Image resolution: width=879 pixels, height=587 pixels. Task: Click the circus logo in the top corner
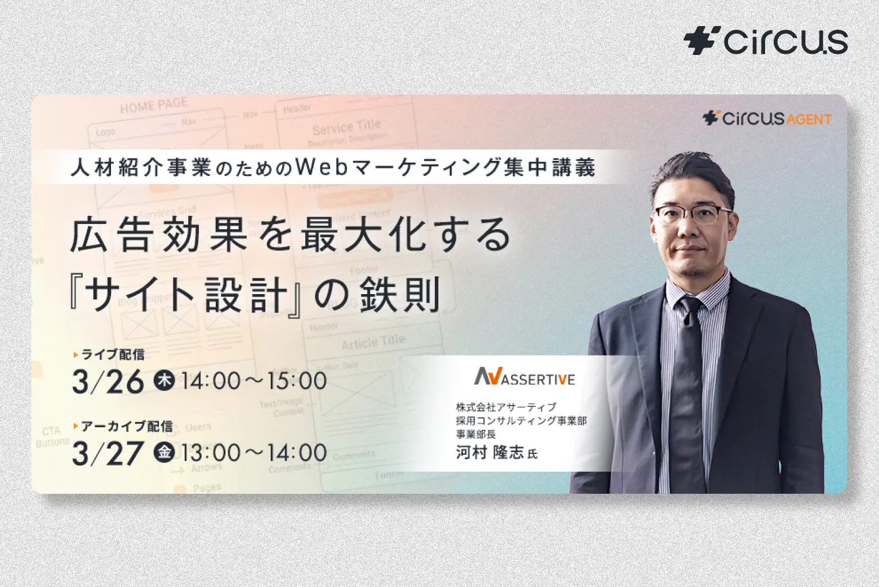coord(766,41)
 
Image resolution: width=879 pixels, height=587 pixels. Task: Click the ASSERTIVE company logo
coord(525,377)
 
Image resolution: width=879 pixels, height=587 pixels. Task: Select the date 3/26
coord(108,382)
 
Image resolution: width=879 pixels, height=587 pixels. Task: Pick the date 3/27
coord(108,453)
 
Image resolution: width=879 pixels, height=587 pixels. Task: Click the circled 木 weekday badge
coord(164,380)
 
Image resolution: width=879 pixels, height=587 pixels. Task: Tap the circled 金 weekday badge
coord(164,452)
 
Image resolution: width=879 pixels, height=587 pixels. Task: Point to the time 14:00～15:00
coord(254,381)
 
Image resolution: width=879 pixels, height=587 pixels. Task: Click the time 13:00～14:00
coord(254,453)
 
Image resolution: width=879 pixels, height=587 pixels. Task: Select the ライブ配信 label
coord(112,354)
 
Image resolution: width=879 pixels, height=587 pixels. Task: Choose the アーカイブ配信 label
coord(126,427)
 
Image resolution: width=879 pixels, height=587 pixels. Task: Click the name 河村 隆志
coord(490,452)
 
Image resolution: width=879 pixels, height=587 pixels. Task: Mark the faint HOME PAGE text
coord(153,106)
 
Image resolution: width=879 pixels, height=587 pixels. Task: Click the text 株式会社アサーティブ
coord(506,407)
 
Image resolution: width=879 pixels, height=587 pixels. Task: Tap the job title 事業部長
coord(475,434)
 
